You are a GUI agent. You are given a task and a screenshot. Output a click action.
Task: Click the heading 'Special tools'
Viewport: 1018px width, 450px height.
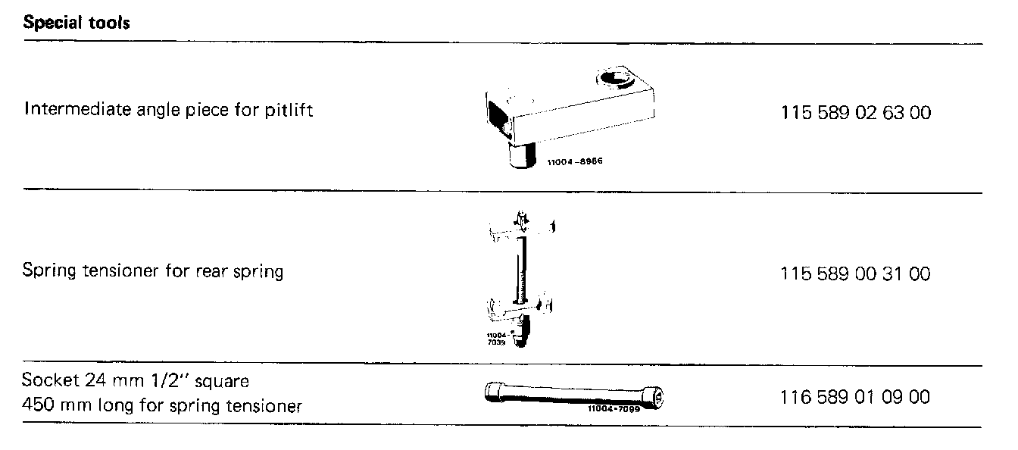coord(77,23)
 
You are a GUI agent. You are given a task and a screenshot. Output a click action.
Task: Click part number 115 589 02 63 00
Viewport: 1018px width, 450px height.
coord(855,114)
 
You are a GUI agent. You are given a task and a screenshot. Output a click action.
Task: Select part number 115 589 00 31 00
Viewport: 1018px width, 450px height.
coord(855,273)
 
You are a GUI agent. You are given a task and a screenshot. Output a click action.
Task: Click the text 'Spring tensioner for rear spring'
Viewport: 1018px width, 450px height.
coord(152,271)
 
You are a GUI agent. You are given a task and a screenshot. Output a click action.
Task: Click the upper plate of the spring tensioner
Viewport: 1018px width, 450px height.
coord(523,227)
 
